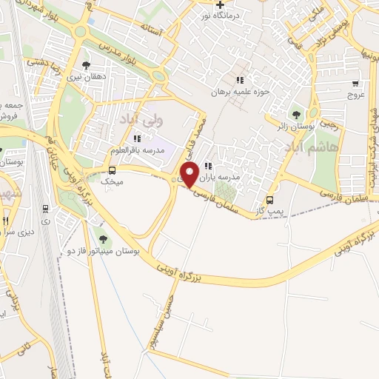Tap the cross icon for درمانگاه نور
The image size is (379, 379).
[220, 5]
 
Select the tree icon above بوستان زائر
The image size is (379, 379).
[297, 115]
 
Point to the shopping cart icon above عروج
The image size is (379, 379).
[356, 83]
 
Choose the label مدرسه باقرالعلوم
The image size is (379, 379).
[138, 150]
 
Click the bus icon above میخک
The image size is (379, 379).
[112, 170]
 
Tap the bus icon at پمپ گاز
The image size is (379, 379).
[269, 199]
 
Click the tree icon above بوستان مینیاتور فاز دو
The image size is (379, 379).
[102, 238]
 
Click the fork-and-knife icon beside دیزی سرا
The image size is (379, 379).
[4, 221]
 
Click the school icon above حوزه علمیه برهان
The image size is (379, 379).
[239, 80]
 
